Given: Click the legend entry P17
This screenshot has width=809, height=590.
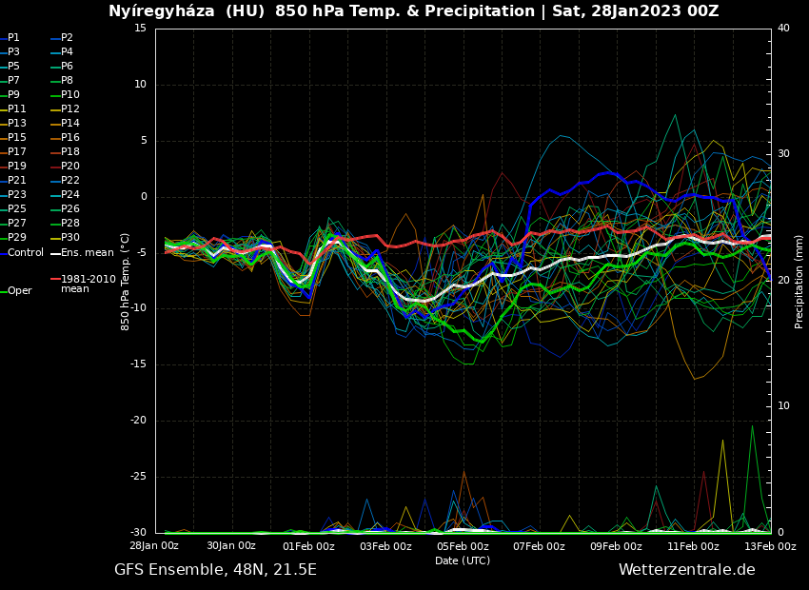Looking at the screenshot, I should pyautogui.click(x=17, y=152).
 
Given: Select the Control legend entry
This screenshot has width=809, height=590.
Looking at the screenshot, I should pyautogui.click(x=26, y=253).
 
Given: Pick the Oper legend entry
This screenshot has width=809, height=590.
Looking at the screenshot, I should pyautogui.click(x=19, y=291).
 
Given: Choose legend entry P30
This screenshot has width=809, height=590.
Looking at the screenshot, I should pyautogui.click(x=70, y=238).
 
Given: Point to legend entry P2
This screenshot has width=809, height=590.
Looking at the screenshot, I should pyautogui.click(x=67, y=38).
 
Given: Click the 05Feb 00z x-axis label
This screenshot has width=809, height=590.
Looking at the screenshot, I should pyautogui.click(x=463, y=546).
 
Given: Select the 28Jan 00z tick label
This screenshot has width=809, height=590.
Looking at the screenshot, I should pyautogui.click(x=154, y=546).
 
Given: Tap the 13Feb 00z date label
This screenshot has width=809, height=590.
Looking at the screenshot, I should pyautogui.click(x=769, y=546).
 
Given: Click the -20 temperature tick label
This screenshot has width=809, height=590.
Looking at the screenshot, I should pyautogui.click(x=139, y=421).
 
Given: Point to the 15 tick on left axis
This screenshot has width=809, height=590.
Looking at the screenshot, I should pyautogui.click(x=140, y=29).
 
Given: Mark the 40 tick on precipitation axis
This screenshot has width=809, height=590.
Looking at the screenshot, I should pyautogui.click(x=783, y=29).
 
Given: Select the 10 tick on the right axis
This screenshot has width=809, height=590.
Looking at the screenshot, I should pyautogui.click(x=783, y=406).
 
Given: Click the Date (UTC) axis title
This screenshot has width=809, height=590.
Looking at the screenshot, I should pyautogui.click(x=463, y=560).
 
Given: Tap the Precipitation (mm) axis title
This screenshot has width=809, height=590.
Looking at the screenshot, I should pyautogui.click(x=799, y=281).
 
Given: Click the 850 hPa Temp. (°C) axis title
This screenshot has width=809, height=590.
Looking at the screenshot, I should pyautogui.click(x=126, y=281).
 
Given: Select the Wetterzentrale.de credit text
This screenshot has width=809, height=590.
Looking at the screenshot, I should pyautogui.click(x=686, y=570).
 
